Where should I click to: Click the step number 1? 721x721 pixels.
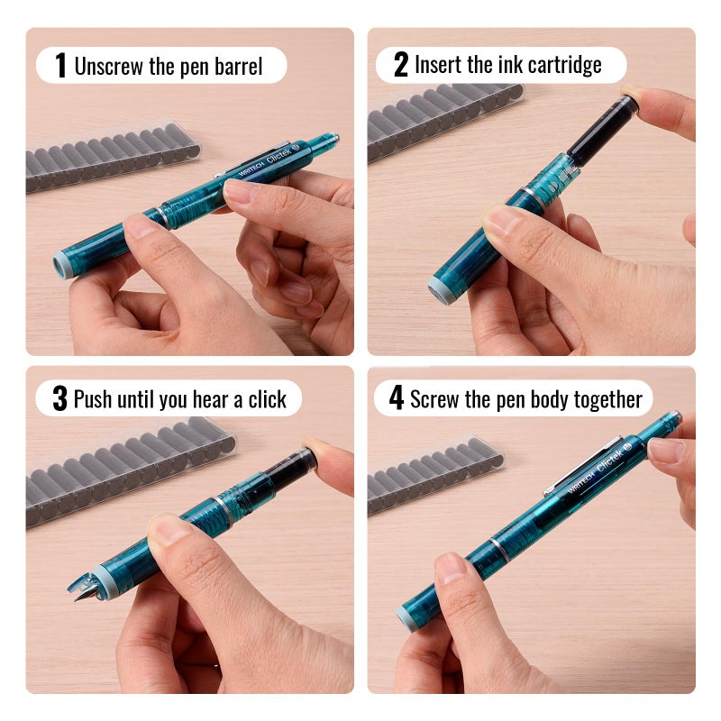[60, 65]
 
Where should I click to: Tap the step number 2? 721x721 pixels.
[401, 65]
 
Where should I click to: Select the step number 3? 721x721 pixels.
[59, 399]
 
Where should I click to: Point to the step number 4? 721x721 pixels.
[397, 399]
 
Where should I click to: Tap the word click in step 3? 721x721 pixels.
[267, 399]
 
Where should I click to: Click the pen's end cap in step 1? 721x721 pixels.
[64, 264]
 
